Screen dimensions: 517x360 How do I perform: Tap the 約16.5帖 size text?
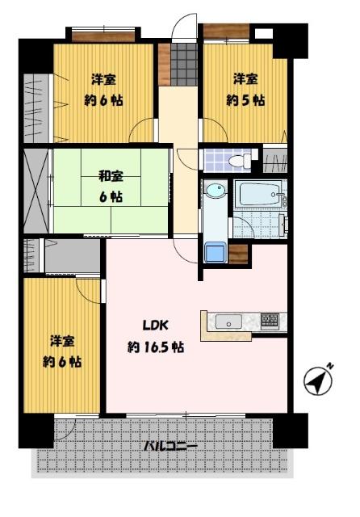click(156, 347)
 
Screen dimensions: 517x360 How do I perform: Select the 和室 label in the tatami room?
click(110, 175)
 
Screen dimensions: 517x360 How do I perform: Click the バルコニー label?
click(170, 446)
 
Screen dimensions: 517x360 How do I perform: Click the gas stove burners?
click(270, 321)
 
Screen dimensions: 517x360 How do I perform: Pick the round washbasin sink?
click(214, 191)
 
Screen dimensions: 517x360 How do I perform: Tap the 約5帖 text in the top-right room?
click(245, 101)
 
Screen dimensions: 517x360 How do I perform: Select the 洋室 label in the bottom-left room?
click(62, 341)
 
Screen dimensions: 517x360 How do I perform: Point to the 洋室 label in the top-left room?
click(103, 80)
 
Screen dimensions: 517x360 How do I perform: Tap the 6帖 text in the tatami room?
click(111, 196)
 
